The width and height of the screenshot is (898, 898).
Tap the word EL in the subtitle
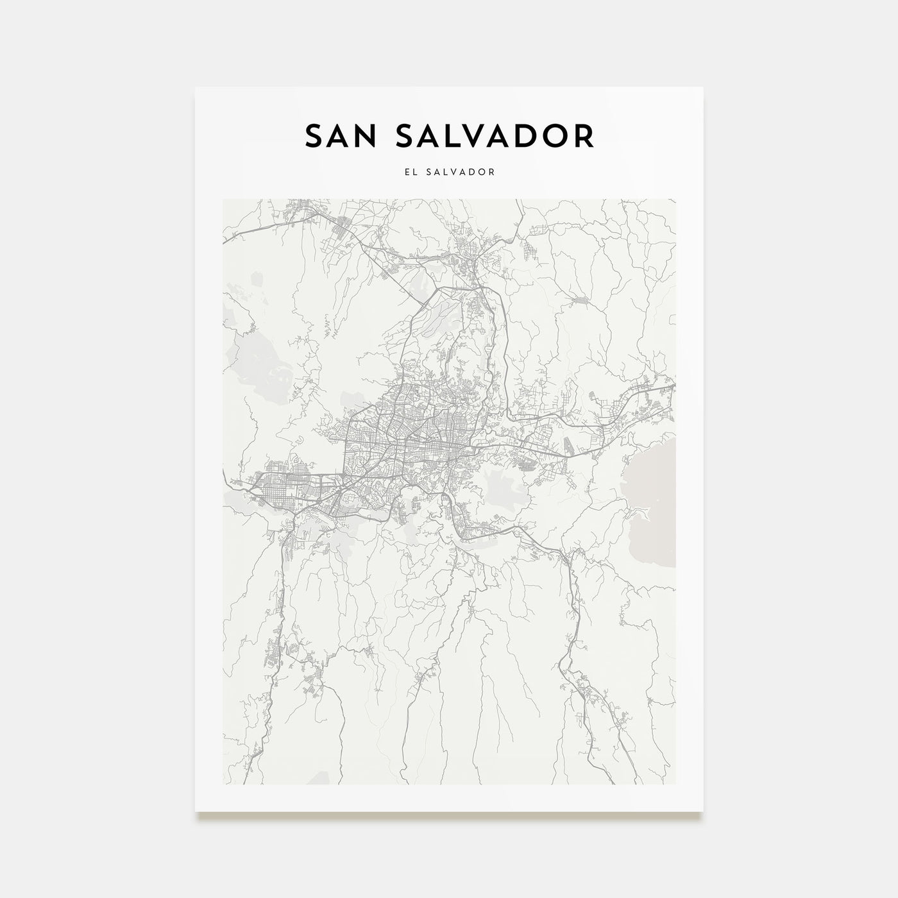tap(409, 172)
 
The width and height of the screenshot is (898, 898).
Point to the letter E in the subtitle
tap(405, 172)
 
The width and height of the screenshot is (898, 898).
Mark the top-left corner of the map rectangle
tap(223, 199)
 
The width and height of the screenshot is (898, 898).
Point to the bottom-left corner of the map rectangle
tap(223, 784)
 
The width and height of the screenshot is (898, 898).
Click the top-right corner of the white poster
tap(703, 87)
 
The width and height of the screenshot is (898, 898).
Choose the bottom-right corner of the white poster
tap(703, 812)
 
